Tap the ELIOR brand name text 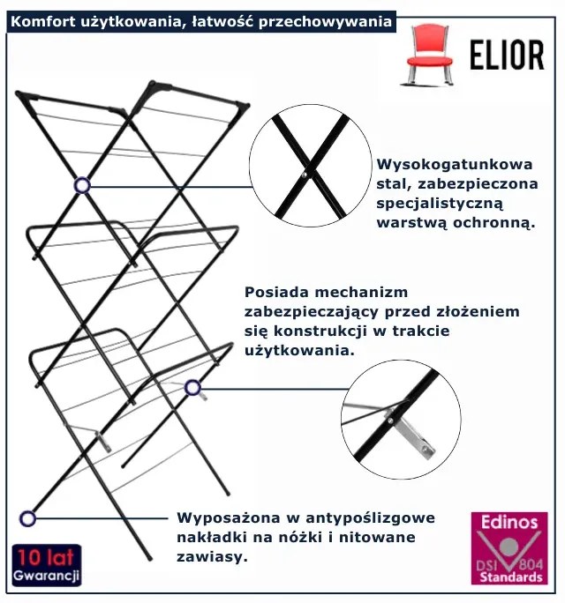pos(507,55)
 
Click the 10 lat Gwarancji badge pos(47,566)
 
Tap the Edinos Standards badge pos(508,547)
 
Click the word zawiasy pos(209,557)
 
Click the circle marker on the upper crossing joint pos(82,185)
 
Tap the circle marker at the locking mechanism pos(192,387)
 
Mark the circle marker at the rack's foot pos(27,517)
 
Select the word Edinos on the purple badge pos(508,522)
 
